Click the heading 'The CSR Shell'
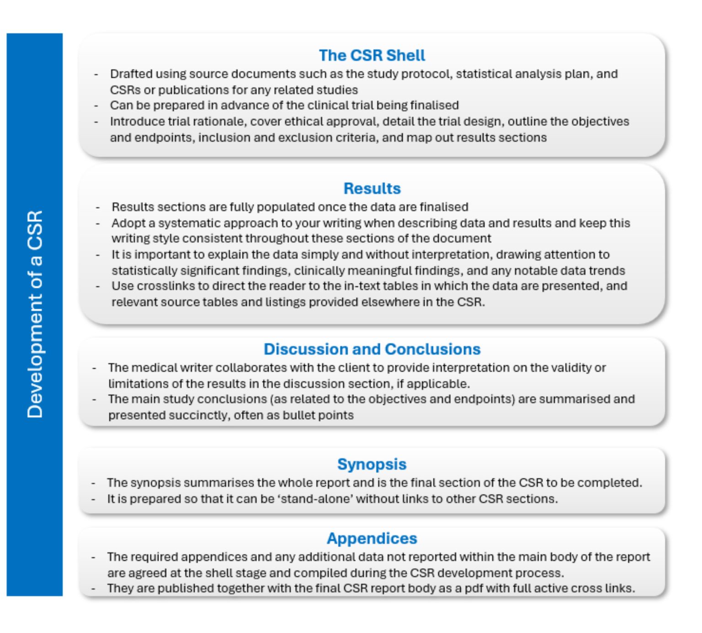[x=372, y=55]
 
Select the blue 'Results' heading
[x=372, y=188]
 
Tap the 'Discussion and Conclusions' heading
[x=372, y=349]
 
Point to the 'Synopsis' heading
[x=372, y=464]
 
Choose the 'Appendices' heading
[x=372, y=538]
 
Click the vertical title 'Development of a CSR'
[x=35, y=314]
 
